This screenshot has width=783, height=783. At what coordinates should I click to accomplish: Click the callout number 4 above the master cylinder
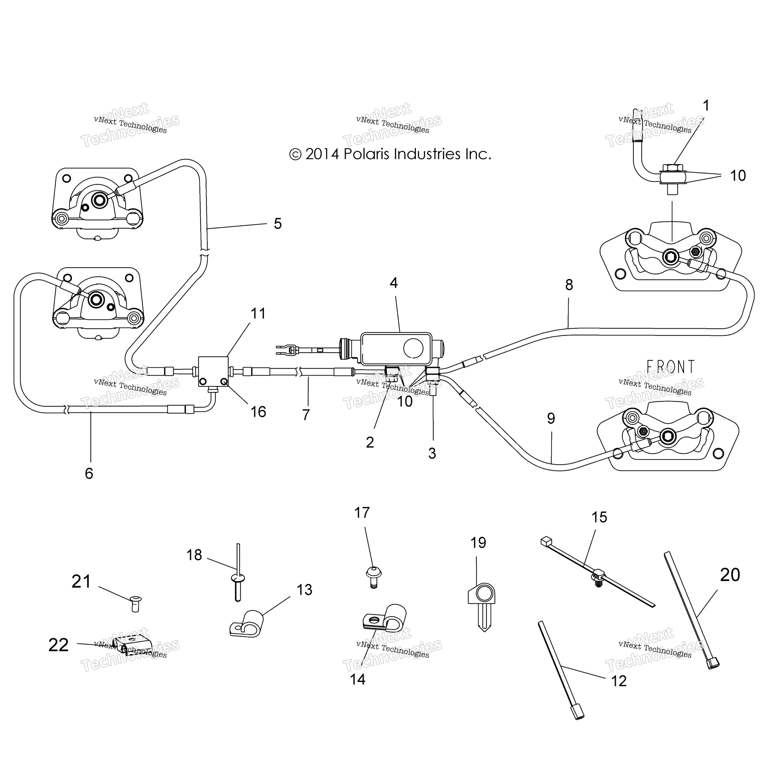(394, 283)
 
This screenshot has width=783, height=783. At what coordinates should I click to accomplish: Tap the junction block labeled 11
(213, 372)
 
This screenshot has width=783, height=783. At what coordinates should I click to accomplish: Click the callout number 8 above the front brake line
(569, 285)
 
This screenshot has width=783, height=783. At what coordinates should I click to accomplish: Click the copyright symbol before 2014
(295, 155)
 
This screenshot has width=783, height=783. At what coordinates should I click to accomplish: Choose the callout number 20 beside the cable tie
(730, 575)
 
